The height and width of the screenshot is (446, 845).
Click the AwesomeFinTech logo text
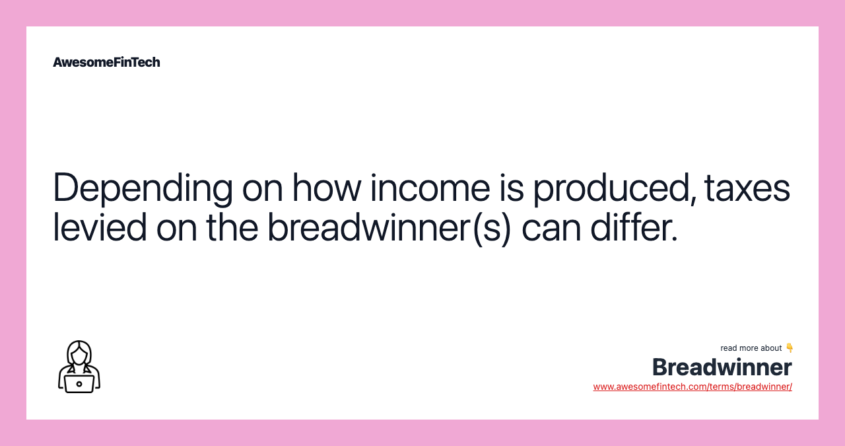pyautogui.click(x=106, y=62)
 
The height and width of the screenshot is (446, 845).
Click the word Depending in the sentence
pyautogui.click(x=143, y=188)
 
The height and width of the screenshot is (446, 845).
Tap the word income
pyautogui.click(x=430, y=188)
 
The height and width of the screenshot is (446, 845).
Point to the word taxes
pyautogui.click(x=747, y=188)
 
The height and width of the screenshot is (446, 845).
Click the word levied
pyautogui.click(x=99, y=227)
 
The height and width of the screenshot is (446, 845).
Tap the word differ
pyautogui.click(x=634, y=227)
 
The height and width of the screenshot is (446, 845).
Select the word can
pyautogui.click(x=551, y=227)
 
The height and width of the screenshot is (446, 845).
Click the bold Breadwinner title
pyautogui.click(x=722, y=367)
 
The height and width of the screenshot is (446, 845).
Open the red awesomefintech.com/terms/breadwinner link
pyautogui.click(x=693, y=387)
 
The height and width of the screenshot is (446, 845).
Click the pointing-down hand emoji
pyautogui.click(x=790, y=348)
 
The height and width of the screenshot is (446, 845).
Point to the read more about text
pyautogui.click(x=751, y=348)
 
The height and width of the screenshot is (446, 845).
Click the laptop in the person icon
pyautogui.click(x=79, y=383)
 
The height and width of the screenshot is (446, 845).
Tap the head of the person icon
pyautogui.click(x=79, y=353)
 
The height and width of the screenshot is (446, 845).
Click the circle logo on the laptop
pyautogui.click(x=79, y=384)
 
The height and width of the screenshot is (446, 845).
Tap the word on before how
pyautogui.click(x=262, y=188)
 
